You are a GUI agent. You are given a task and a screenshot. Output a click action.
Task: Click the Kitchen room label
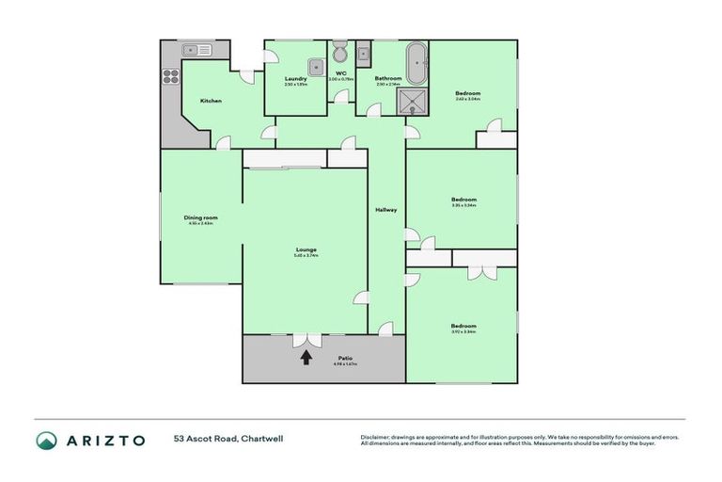211,101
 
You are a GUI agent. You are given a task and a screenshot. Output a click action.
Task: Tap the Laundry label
295,79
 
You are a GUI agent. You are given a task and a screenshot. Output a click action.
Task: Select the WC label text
339,72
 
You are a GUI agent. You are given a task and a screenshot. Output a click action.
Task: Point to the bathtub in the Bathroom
416,62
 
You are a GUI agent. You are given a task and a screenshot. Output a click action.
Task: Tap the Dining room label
200,218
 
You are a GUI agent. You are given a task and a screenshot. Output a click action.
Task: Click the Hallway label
386,209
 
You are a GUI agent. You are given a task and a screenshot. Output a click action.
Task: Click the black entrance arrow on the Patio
306,357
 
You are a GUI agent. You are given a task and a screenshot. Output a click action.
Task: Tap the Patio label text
345,358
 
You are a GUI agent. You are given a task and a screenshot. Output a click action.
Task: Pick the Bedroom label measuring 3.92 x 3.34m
463,326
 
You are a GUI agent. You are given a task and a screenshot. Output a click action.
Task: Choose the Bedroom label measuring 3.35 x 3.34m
463,200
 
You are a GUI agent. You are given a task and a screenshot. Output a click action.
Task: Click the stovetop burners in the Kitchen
171,77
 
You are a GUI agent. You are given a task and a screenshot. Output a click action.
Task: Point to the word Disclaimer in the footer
375,437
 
